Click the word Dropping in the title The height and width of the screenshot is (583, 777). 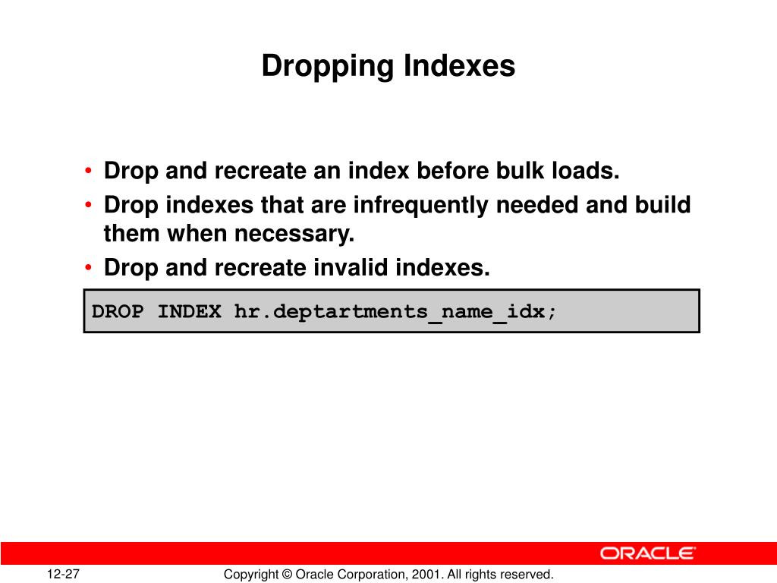328,67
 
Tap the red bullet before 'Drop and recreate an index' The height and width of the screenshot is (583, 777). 90,172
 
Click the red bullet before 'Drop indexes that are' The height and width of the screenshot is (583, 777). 90,206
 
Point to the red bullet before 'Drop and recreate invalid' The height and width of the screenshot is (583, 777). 90,269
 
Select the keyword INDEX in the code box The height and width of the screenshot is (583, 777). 190,311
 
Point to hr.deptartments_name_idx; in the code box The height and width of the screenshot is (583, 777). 395,311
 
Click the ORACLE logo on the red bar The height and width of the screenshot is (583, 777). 647,553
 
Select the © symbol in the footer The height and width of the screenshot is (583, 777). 286,575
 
